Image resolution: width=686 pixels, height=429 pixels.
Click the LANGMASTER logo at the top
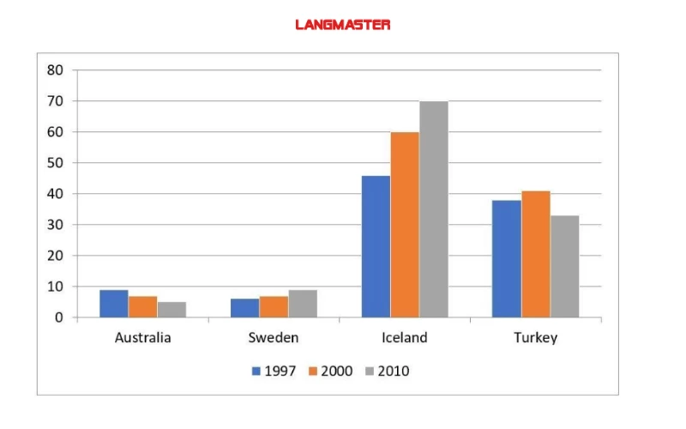(x=342, y=25)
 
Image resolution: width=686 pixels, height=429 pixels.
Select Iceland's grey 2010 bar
(x=433, y=209)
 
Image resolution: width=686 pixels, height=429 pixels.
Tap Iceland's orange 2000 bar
(x=405, y=225)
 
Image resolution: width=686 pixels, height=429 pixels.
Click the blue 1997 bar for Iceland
(x=376, y=246)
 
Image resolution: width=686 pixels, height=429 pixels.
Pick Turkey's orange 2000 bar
(x=535, y=254)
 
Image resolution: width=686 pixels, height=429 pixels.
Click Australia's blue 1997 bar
(x=113, y=304)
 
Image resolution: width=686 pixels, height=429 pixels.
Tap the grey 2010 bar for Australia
(x=171, y=310)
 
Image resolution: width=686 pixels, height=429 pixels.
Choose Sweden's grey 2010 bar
(x=303, y=304)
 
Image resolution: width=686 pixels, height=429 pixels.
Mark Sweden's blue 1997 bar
(x=244, y=308)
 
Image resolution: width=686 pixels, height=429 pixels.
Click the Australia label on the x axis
(x=142, y=337)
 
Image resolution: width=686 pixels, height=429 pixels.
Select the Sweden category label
(x=274, y=337)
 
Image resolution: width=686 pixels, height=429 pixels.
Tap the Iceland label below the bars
(x=404, y=337)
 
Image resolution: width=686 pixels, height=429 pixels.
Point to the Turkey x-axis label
(x=535, y=337)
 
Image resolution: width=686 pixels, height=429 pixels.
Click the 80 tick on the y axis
(x=55, y=70)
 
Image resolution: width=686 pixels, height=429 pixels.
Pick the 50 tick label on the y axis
(x=55, y=163)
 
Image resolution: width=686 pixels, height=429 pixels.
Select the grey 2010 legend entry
(x=386, y=372)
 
